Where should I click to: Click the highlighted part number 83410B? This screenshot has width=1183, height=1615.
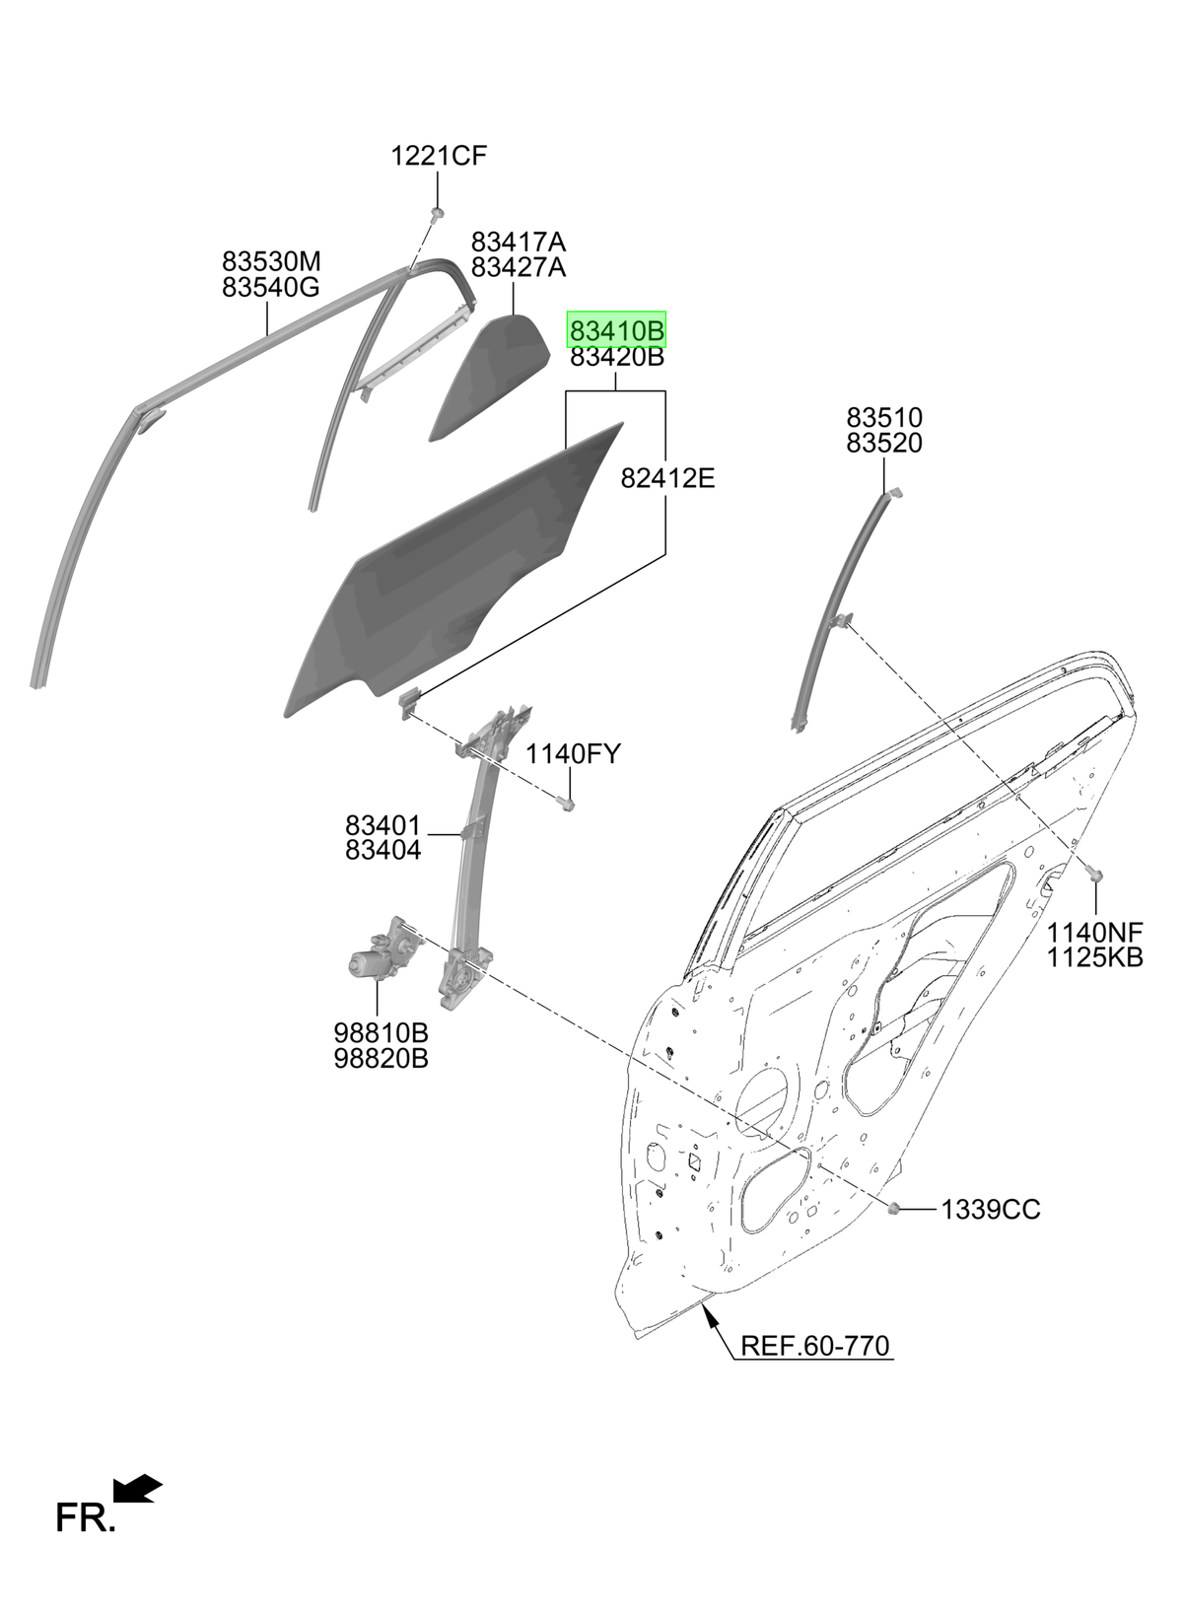pyautogui.click(x=616, y=331)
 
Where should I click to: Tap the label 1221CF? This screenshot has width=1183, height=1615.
pyautogui.click(x=439, y=155)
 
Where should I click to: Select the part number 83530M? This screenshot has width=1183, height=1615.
pyautogui.click(x=270, y=260)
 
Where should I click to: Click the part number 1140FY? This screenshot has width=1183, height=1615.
pyautogui.click(x=573, y=753)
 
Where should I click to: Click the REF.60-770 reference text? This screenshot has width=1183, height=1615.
pyautogui.click(x=814, y=1346)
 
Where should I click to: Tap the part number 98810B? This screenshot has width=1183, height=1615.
pyautogui.click(x=381, y=1032)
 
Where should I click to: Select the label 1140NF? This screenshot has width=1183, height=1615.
pyautogui.click(x=1094, y=932)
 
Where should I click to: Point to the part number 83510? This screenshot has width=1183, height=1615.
pyautogui.click(x=884, y=417)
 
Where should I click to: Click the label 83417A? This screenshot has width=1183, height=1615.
pyautogui.click(x=519, y=241)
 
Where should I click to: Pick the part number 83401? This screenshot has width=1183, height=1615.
pyautogui.click(x=383, y=824)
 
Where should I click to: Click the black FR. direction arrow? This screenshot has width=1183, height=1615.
pyautogui.click(x=137, y=1488)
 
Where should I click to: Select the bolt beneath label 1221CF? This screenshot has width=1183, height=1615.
pyautogui.click(x=436, y=213)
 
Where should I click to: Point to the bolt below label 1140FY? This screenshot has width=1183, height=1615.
pyautogui.click(x=566, y=802)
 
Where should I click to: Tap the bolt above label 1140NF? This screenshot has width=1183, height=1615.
pyautogui.click(x=1094, y=875)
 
